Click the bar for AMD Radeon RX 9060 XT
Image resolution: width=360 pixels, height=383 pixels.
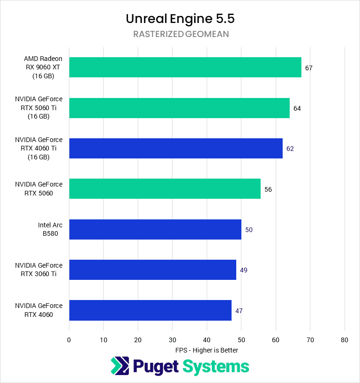[x=185, y=68]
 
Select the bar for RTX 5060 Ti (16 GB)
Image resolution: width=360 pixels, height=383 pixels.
[x=179, y=108]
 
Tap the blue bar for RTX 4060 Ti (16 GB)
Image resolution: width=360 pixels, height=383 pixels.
[x=176, y=148]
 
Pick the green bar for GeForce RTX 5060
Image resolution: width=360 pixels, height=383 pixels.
[x=165, y=189]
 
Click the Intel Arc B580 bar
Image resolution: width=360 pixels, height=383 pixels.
[x=155, y=229]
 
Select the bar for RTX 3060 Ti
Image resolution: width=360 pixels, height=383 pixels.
[x=152, y=270]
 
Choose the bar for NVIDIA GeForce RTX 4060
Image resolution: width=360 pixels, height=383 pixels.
[x=150, y=310]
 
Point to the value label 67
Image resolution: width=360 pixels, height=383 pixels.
[x=308, y=68]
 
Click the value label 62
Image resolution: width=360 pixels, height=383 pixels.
[x=290, y=149]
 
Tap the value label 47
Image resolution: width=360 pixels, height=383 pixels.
[x=239, y=311]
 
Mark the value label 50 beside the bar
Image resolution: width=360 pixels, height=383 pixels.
[x=249, y=230]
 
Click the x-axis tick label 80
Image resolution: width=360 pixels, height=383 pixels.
[x=345, y=340]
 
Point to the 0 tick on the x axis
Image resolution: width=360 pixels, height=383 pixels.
[x=69, y=340]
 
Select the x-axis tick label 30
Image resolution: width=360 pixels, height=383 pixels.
[x=172, y=340]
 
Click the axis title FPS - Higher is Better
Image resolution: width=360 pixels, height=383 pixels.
[x=207, y=350]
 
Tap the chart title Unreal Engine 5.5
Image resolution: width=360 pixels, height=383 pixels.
[x=180, y=19]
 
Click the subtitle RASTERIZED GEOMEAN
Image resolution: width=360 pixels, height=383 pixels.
[x=180, y=34]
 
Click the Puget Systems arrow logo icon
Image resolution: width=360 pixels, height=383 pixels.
[x=120, y=366]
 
